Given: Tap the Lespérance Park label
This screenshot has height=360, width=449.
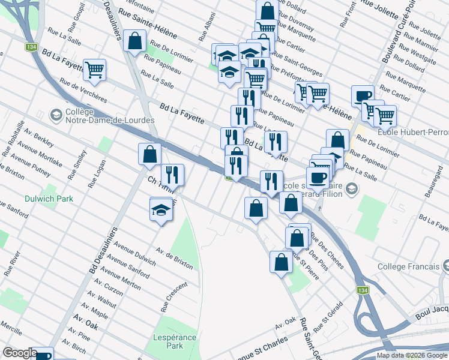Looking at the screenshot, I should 175,341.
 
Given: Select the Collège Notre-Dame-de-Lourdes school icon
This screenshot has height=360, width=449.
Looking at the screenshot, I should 56,115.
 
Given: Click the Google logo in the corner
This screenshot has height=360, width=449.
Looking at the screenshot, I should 20,353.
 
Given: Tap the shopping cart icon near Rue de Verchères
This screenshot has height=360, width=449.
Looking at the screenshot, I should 95,70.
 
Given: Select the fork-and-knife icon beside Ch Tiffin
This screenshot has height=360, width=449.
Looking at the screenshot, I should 172,175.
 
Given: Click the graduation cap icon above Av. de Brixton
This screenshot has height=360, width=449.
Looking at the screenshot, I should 161,211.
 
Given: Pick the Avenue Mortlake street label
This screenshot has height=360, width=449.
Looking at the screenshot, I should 40,155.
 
